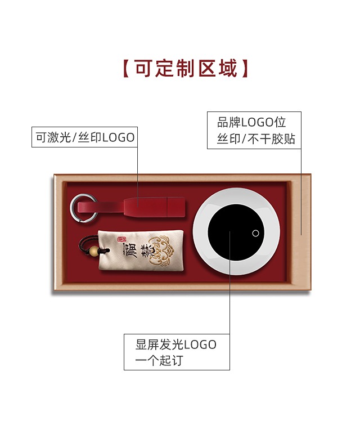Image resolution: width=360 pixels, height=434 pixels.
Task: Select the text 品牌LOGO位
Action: click(x=251, y=122)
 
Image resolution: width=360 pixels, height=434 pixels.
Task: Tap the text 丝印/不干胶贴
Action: click(x=256, y=139)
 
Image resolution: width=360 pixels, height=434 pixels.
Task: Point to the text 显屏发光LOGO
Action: click(x=175, y=344)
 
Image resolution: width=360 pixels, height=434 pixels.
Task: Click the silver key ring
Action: click(x=78, y=208)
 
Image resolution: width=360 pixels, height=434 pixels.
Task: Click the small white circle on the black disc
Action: click(x=255, y=233)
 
